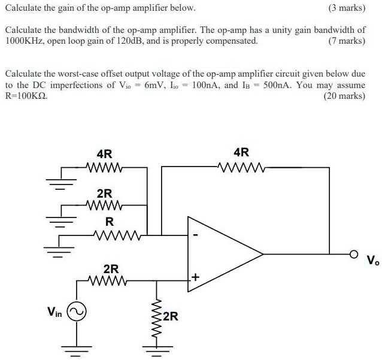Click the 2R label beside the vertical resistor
[170, 316]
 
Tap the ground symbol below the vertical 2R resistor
[157, 349]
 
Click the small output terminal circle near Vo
[354, 255]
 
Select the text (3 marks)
[345, 9]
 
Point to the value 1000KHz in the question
[25, 41]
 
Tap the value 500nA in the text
[273, 84]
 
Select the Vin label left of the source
[54, 311]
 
